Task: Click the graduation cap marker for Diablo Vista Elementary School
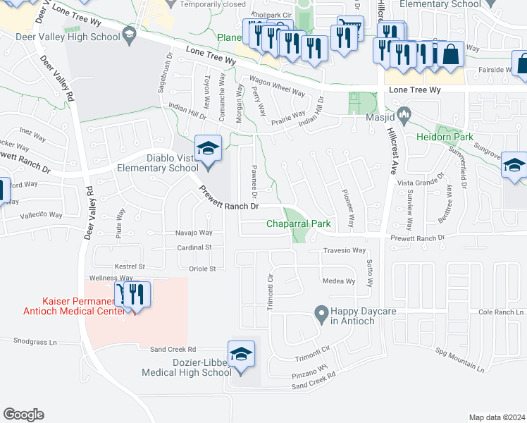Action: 208,149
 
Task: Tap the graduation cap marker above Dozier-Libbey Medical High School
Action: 241,354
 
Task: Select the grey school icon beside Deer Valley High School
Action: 129,33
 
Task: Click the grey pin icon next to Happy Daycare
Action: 321,311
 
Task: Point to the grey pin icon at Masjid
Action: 404,112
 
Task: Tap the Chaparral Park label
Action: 299,223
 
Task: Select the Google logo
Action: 23,415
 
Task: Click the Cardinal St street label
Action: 194,247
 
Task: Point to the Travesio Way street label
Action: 345,250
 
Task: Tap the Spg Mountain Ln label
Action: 460,360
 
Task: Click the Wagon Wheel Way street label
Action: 279,89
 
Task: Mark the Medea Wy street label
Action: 338,281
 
